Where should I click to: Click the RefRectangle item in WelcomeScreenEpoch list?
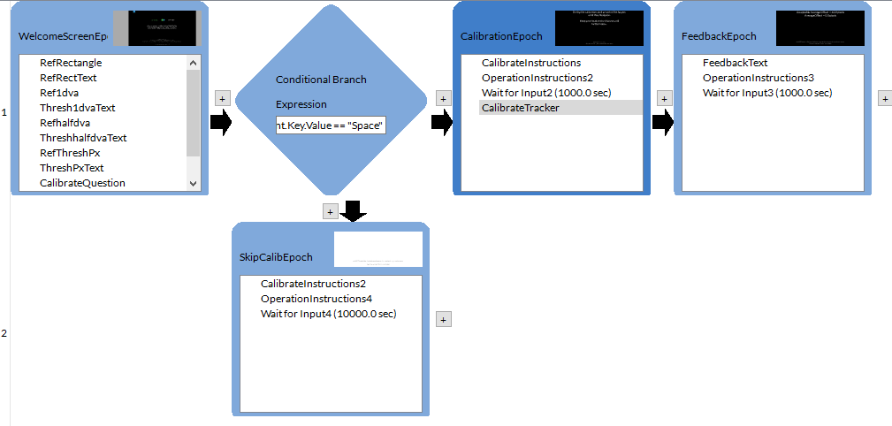pos(71,63)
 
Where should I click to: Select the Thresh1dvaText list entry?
pos(78,108)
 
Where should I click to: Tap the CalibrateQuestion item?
pos(83,183)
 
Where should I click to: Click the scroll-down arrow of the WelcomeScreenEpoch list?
pos(194,183)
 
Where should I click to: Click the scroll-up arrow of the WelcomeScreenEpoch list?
pos(194,63)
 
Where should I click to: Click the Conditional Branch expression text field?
pos(331,126)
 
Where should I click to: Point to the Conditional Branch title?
pos(321,80)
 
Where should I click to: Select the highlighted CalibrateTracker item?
pos(521,108)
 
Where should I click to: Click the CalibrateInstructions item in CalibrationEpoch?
pos(531,63)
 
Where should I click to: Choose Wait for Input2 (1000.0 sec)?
pos(546,93)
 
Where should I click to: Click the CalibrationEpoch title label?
pos(502,36)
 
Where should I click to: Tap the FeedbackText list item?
pos(735,63)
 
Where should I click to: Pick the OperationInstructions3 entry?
pos(758,78)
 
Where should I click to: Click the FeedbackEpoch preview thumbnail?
pos(820,28)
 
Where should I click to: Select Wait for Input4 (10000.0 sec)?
pos(328,314)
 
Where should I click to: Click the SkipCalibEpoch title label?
pos(276,257)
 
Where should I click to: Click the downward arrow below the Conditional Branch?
pos(353,211)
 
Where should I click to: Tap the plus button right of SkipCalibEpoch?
pos(445,320)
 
